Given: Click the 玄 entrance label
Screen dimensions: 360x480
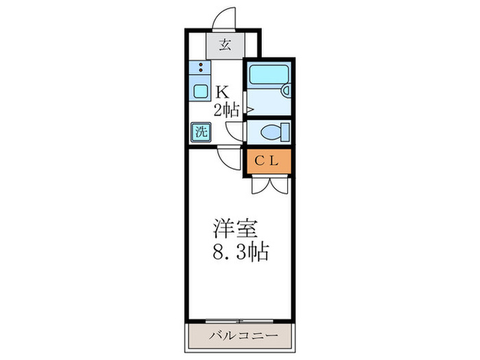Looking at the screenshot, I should click(224, 47).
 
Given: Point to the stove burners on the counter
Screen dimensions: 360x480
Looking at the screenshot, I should click(200, 68).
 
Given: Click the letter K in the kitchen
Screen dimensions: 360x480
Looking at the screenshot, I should click(222, 91).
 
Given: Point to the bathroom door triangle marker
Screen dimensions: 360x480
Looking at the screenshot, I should click(250, 109).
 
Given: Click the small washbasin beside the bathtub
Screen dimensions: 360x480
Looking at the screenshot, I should click(286, 89).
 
